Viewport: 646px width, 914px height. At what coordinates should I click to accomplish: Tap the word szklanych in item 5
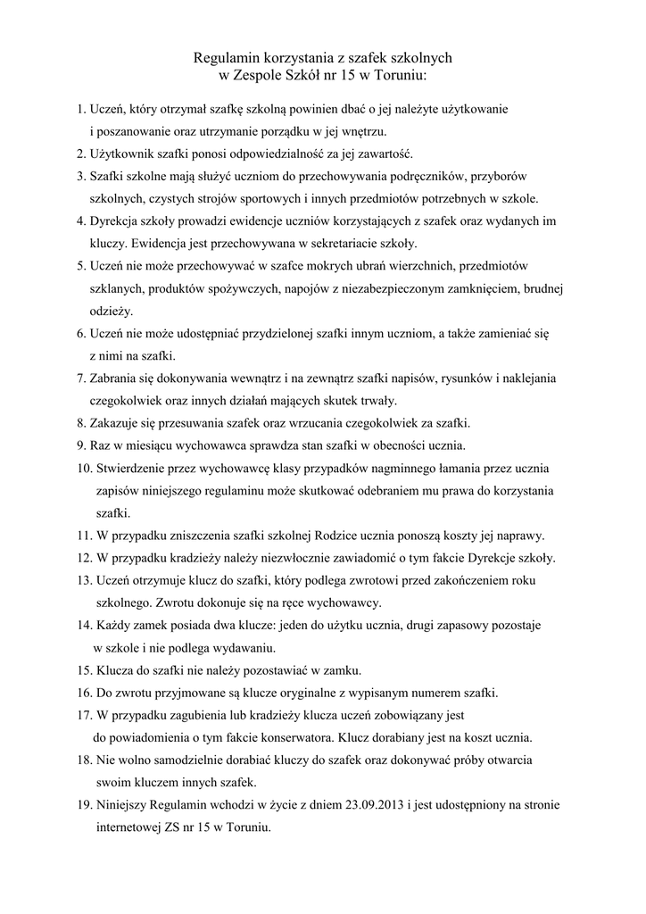[116, 288]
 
